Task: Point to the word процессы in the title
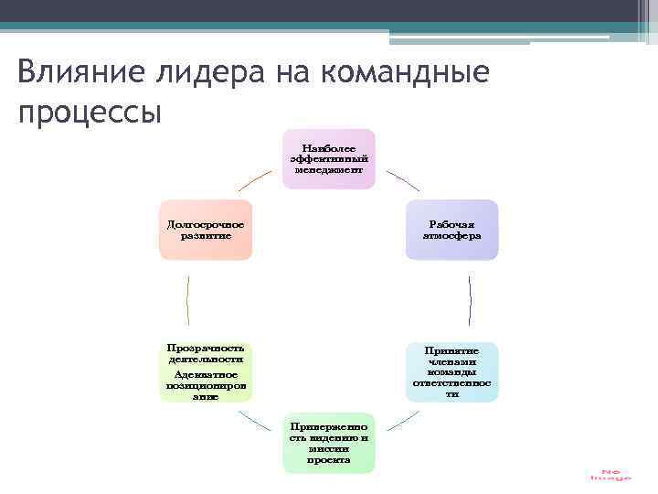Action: [90, 113]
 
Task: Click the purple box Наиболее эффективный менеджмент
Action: [328, 158]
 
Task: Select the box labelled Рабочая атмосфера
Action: [451, 230]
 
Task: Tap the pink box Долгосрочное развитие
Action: [205, 230]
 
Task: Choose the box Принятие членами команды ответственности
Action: [451, 371]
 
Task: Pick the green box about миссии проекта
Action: [328, 443]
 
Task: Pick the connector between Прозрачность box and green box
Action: [258, 423]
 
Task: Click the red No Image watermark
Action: [610, 475]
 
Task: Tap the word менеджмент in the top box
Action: [328, 170]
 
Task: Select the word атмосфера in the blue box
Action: [451, 236]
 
